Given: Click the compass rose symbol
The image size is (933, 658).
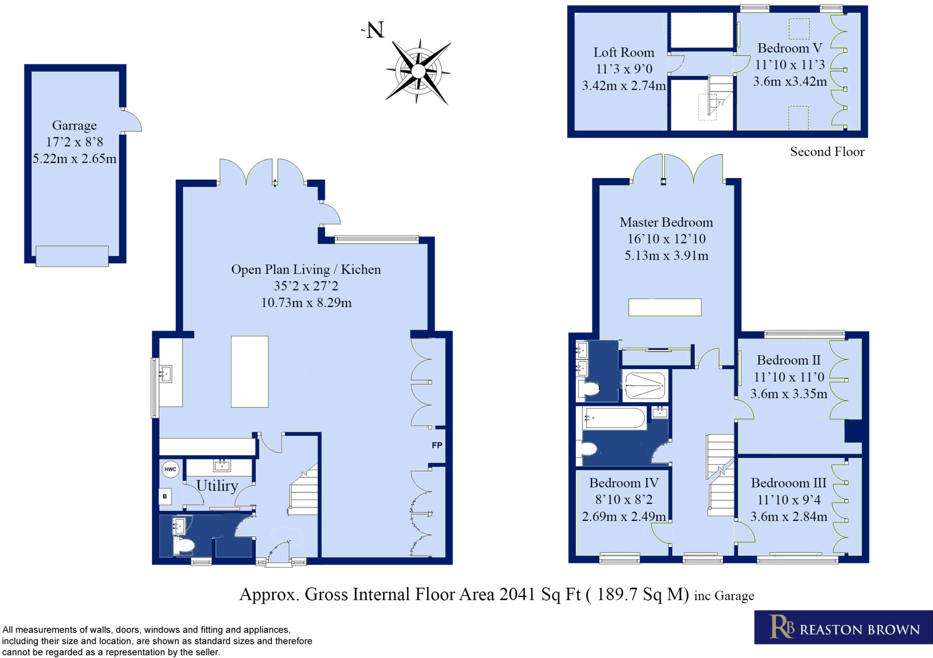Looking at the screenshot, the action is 418,72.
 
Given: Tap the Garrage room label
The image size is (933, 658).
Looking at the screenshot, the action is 74,125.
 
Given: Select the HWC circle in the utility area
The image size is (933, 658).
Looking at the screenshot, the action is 170,469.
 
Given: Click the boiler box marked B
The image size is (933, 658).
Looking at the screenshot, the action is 165,496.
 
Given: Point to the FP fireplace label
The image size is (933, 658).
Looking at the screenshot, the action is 437,445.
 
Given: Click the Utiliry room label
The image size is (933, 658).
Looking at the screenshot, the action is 217,486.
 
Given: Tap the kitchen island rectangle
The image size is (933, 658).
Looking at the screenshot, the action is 250,371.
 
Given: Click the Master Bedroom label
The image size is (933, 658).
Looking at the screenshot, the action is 666,222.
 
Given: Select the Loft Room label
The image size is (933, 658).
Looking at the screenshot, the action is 624,52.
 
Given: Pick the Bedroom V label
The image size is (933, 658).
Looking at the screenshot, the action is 789,48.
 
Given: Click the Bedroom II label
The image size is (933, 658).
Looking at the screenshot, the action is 789,360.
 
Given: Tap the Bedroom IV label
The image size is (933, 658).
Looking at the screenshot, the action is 624,483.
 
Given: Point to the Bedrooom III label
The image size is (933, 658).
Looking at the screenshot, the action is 789,483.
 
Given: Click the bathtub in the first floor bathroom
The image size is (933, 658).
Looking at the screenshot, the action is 615,418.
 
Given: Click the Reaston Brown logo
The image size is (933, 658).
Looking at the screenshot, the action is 843,627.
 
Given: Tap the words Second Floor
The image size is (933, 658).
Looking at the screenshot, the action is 827,152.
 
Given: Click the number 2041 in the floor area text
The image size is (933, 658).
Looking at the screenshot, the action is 517,594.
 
